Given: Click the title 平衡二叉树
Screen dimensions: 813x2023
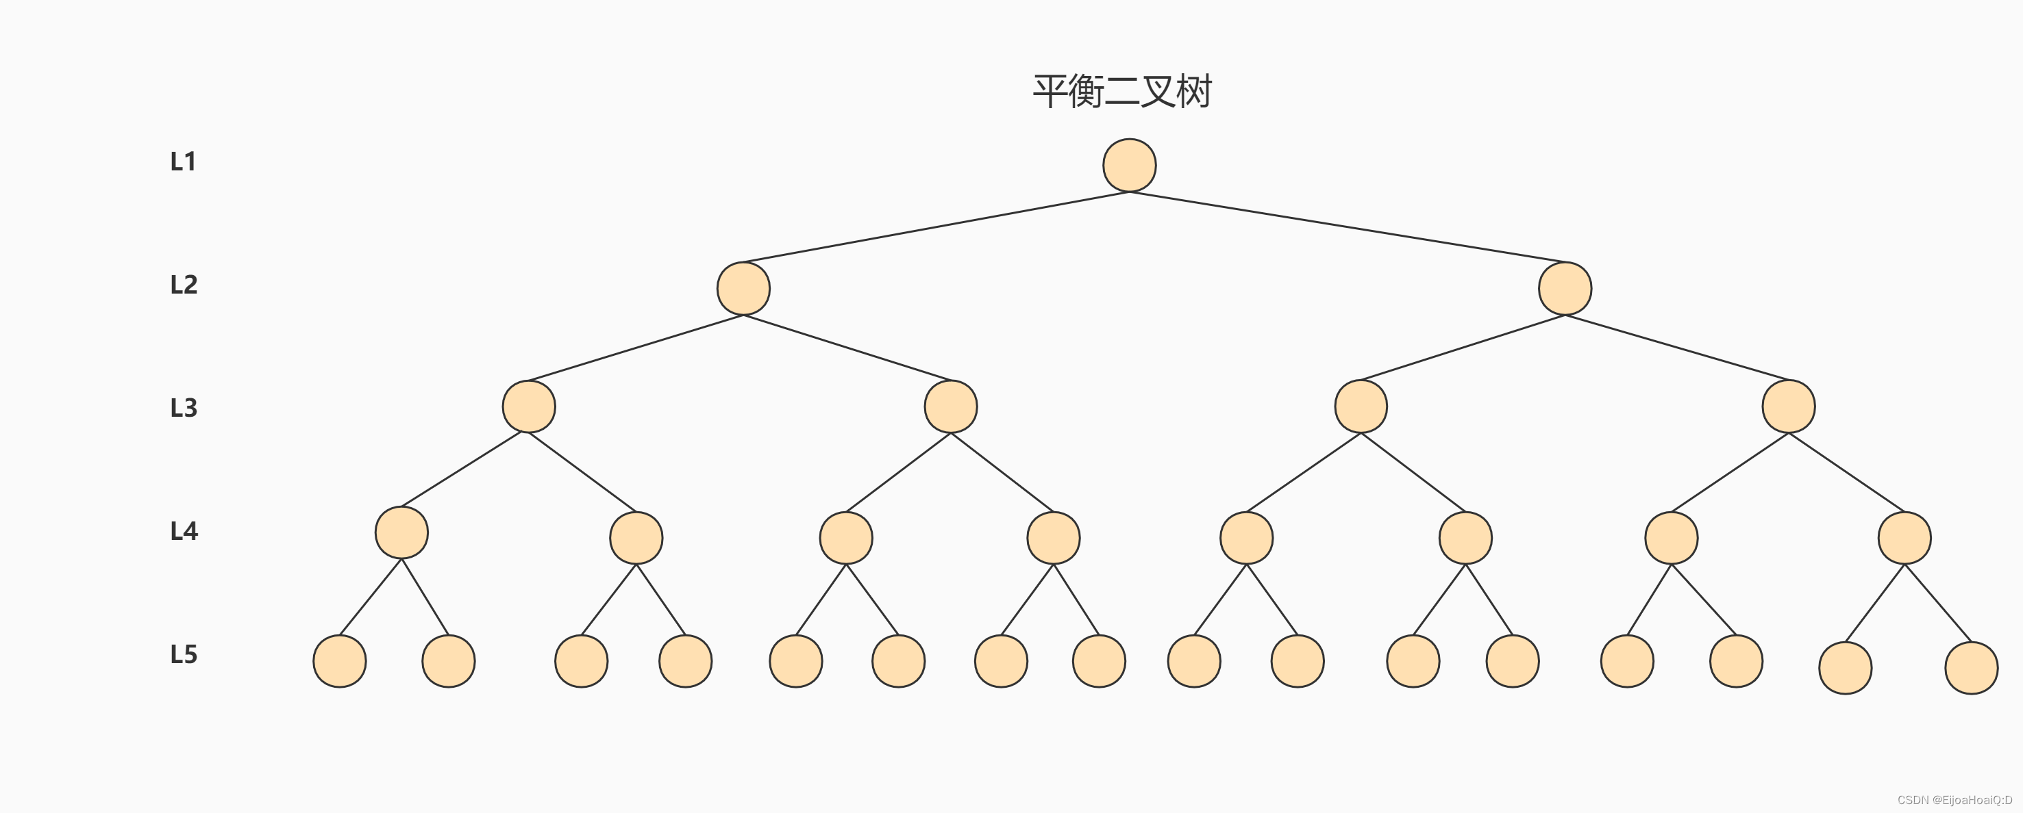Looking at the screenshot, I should click(1122, 91).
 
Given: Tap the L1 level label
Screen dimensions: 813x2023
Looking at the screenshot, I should click(183, 162).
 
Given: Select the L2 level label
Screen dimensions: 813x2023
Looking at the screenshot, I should click(184, 285).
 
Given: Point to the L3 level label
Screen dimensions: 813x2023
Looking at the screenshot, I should click(184, 408).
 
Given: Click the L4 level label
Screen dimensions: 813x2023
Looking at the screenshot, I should click(184, 531).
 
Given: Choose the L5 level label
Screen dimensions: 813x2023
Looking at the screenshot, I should click(184, 654).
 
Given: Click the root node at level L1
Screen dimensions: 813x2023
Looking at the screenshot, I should click(1129, 166).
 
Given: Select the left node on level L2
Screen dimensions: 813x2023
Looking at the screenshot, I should click(743, 289).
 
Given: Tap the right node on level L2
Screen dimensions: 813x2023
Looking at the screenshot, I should click(1565, 289).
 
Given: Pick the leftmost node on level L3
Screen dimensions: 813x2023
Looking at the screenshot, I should click(528, 406).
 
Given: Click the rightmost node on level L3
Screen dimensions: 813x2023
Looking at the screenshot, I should click(1788, 406).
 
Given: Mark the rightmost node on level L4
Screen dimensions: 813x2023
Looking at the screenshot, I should click(1904, 539).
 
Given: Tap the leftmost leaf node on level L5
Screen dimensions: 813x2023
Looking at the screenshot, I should click(339, 662).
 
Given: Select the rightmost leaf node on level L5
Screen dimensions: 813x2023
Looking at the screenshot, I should click(1971, 668).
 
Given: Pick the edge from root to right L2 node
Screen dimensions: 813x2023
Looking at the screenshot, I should click(1347, 227).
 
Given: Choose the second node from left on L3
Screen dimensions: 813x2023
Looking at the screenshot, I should click(950, 406).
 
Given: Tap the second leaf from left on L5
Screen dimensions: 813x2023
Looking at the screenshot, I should click(449, 662).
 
